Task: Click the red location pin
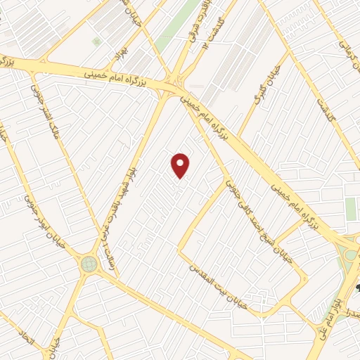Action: pyautogui.click(x=181, y=165)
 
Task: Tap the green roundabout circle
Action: pyautogui.click(x=89, y=263)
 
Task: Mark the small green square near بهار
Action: pyautogui.click(x=96, y=41)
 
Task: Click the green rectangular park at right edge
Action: pyautogui.click(x=350, y=209)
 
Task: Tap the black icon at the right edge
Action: pyautogui.click(x=356, y=288)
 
